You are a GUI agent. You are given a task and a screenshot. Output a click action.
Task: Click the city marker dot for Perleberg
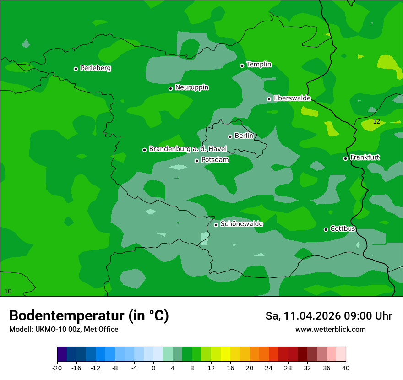tap(76, 69)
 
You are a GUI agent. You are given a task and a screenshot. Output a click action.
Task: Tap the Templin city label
tap(259, 65)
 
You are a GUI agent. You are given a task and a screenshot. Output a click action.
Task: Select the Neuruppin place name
tap(191, 87)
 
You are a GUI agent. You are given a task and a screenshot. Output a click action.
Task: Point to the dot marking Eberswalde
tap(269, 99)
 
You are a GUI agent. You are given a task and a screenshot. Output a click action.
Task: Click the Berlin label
tap(244, 136)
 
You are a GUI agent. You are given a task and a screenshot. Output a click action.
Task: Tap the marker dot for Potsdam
tap(196, 161)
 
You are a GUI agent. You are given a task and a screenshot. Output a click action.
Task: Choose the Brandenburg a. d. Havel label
tap(188, 149)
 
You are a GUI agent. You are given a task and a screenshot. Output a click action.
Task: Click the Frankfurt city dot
tap(345, 158)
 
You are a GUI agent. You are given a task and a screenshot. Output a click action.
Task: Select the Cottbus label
tap(343, 228)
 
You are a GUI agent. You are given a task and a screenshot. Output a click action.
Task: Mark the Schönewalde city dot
tap(216, 225)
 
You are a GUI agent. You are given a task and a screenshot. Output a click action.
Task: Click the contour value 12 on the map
tap(376, 122)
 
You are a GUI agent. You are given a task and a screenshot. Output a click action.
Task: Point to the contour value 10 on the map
tap(8, 291)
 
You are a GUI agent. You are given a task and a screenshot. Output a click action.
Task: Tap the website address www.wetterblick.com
tap(330, 329)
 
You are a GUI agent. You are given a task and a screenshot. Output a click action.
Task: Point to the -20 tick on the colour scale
tap(57, 368)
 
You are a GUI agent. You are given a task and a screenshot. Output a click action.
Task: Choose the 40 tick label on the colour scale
tap(346, 368)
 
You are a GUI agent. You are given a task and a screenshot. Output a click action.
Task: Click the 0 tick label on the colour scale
tap(153, 368)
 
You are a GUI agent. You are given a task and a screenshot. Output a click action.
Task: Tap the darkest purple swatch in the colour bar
tap(62, 354)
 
